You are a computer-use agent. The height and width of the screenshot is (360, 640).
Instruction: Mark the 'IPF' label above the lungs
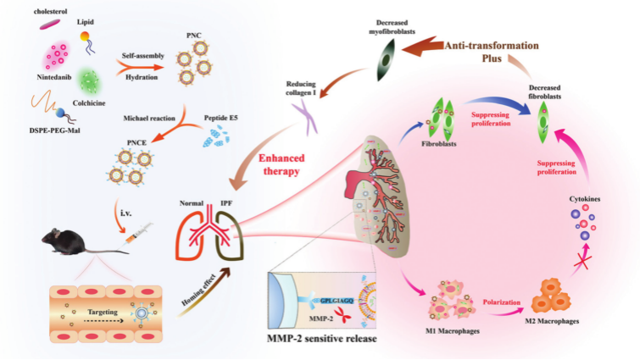tap(225, 204)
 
